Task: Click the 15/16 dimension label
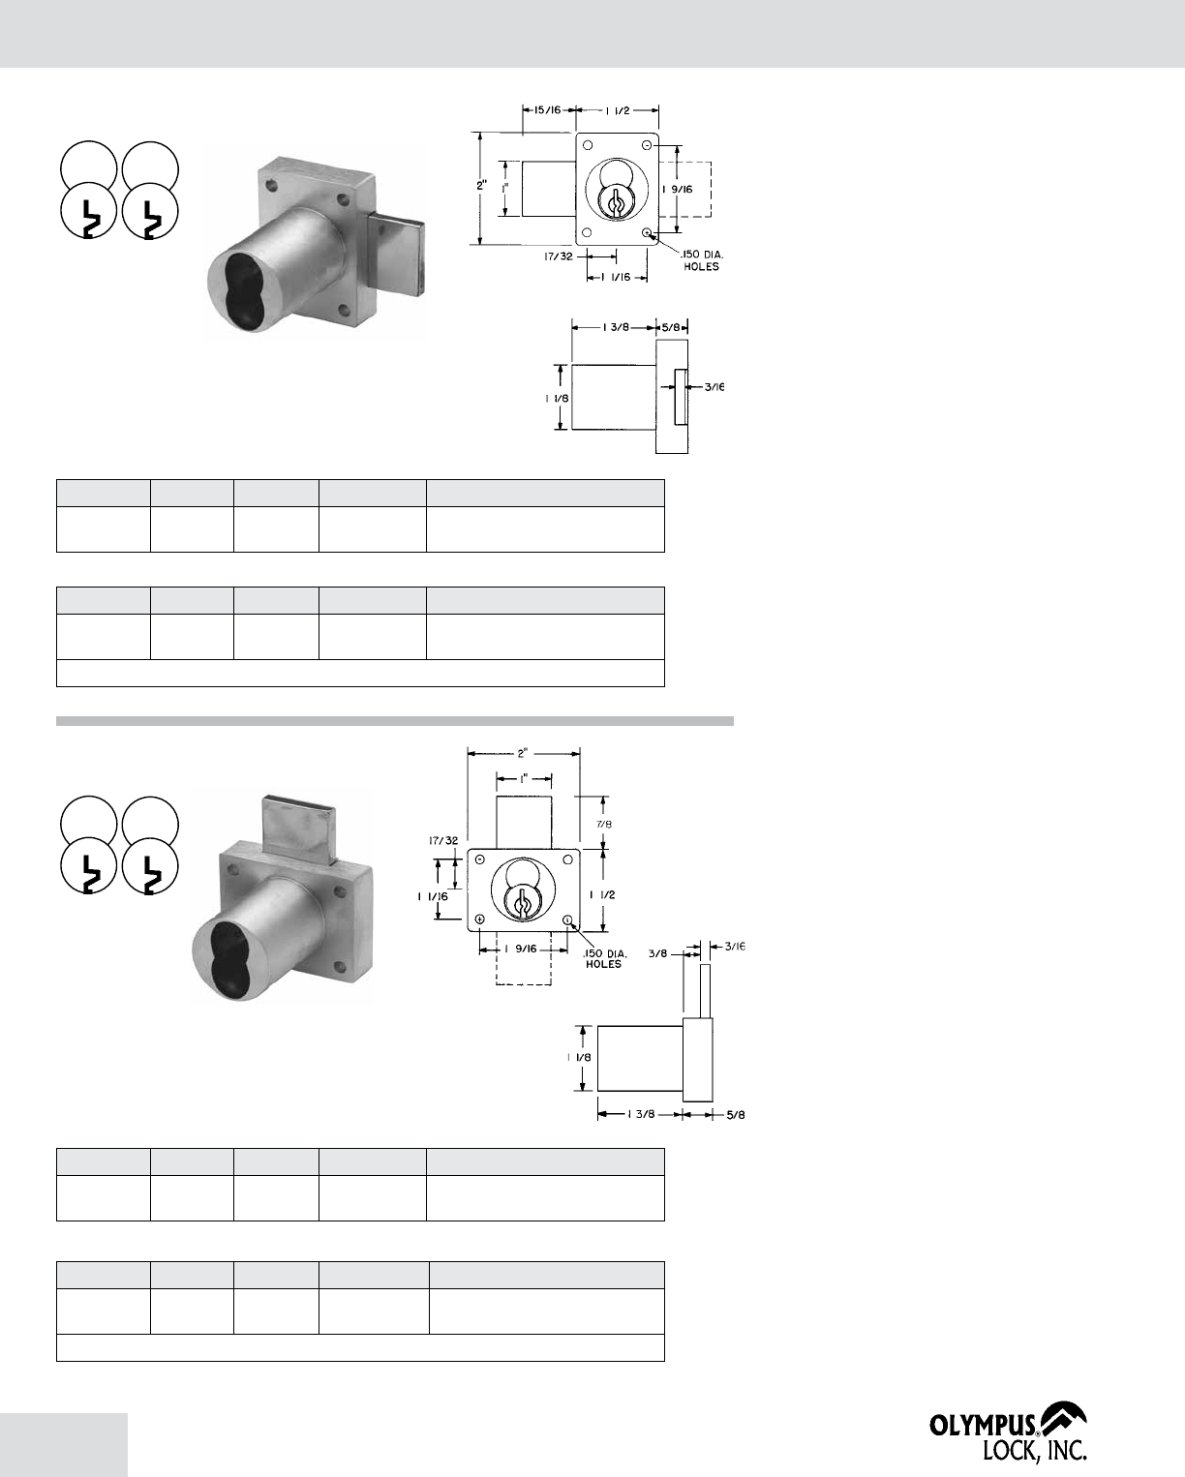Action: pos(546,109)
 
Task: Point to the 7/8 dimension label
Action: pos(603,825)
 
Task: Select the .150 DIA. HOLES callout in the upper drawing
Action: pos(700,260)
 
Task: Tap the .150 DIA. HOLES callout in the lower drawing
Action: pos(604,959)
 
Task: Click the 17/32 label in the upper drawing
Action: pos(558,256)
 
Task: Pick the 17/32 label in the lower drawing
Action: pos(443,840)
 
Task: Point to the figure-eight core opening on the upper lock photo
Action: pos(241,286)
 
